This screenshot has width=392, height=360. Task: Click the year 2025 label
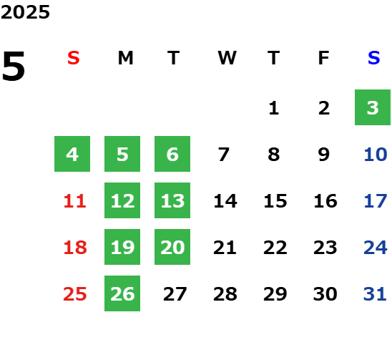tap(25, 12)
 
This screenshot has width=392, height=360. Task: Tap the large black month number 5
tap(14, 66)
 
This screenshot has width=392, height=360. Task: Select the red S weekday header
tap(74, 58)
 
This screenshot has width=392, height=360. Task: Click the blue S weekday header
tap(373, 58)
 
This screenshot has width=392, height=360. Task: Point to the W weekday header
tap(227, 58)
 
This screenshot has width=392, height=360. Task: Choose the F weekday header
tap(324, 58)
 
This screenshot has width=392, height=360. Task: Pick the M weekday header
tap(125, 58)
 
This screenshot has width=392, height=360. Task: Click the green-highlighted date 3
tap(373, 107)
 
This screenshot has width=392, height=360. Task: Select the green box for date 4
tap(72, 154)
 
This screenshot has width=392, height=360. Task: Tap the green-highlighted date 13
tap(172, 200)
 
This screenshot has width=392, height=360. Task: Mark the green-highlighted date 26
tap(122, 293)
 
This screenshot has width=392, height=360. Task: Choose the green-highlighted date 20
tap(172, 247)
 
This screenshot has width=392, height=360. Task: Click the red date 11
tap(75, 201)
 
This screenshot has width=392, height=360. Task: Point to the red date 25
tap(75, 294)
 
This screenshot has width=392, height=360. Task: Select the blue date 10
tap(376, 155)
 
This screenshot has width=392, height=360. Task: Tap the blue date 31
tap(375, 294)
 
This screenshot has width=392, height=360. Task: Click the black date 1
tap(274, 108)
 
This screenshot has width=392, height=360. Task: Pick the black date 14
tap(225, 201)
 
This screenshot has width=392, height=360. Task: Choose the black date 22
tap(275, 248)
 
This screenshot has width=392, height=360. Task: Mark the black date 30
tap(325, 294)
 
